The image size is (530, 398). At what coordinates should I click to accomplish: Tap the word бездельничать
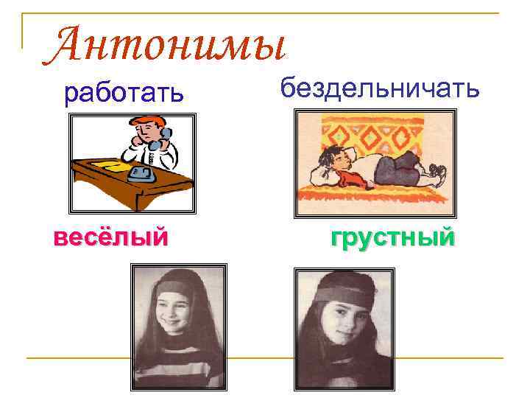(380, 88)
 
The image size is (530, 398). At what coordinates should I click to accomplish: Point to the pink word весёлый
(111, 237)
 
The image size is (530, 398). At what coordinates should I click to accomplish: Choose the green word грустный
(392, 237)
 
